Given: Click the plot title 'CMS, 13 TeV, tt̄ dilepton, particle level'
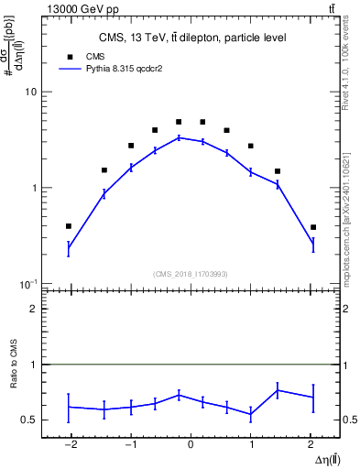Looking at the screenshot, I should pyautogui.click(x=191, y=38).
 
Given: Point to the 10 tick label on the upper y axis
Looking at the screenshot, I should pyautogui.click(x=29, y=93).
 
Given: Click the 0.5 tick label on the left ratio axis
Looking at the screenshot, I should pyautogui.click(x=28, y=420).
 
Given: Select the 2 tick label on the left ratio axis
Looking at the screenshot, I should pyautogui.click(x=32, y=310).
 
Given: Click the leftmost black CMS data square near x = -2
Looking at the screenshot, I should pyautogui.click(x=69, y=226).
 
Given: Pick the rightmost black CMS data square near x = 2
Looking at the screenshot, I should pyautogui.click(x=313, y=227).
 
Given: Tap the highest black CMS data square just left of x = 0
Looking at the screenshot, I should pyautogui.click(x=179, y=122).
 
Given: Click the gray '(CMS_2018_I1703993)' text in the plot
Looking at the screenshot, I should pyautogui.click(x=191, y=274).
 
